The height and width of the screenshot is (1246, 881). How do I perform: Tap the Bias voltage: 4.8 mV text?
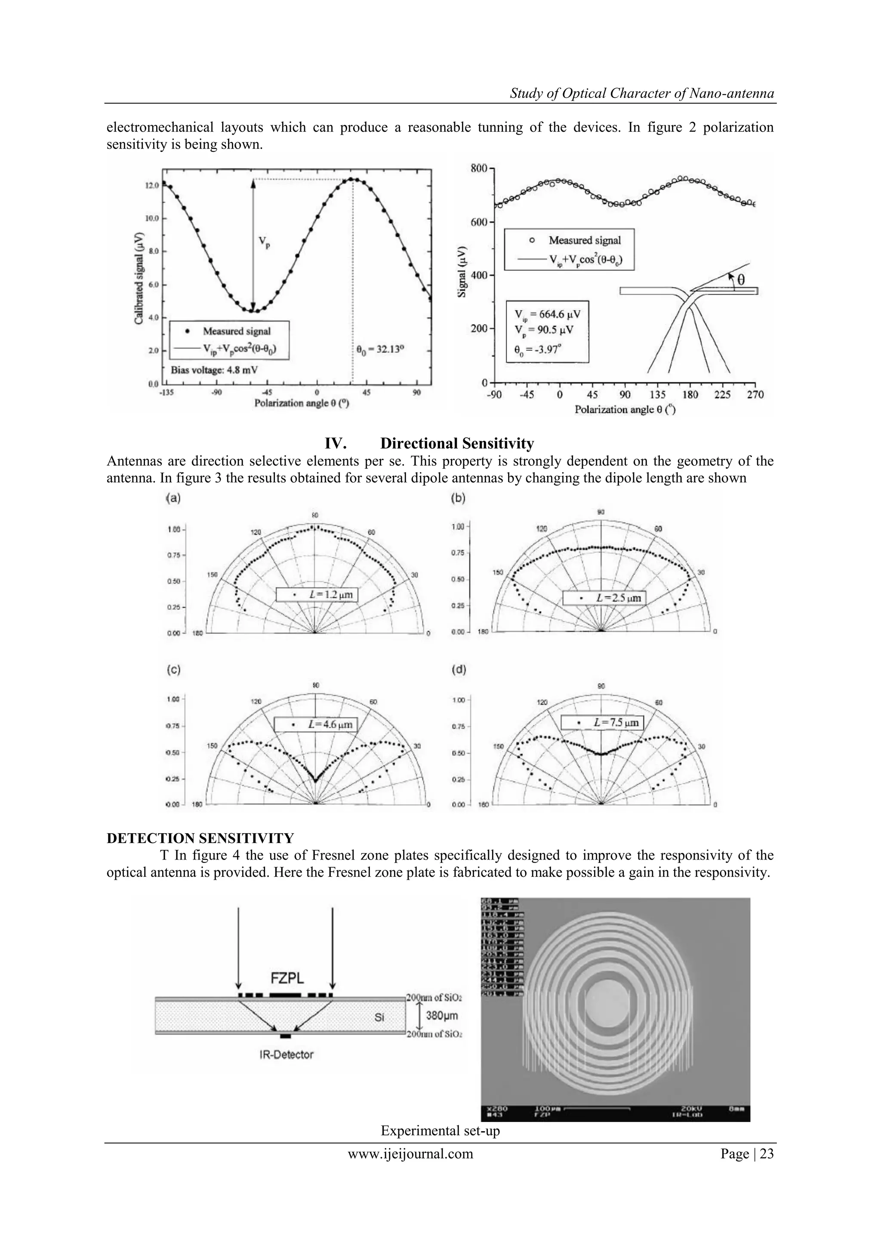(x=214, y=370)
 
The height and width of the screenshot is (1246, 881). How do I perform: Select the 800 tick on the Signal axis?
(x=479, y=169)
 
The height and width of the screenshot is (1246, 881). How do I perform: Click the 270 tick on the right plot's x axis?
(x=755, y=395)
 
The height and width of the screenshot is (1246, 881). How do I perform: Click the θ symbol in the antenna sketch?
(x=740, y=279)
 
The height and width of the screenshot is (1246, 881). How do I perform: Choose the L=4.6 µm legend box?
(x=316, y=724)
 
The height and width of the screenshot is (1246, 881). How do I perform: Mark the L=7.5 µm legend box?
(x=602, y=722)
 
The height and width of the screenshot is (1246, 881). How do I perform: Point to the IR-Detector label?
(x=286, y=1054)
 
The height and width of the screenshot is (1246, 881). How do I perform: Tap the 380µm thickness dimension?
(x=442, y=1015)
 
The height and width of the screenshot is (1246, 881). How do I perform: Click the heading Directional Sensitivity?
(x=457, y=443)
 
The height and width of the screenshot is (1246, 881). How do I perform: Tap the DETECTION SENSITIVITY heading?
(x=200, y=838)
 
